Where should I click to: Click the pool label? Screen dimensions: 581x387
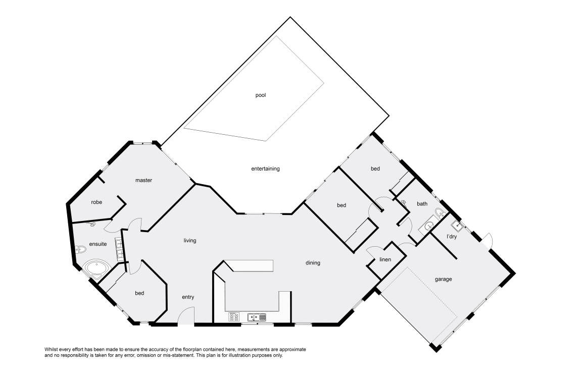[261, 95]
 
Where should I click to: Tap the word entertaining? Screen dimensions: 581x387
[265, 169]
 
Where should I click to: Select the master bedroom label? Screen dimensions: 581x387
[144, 180]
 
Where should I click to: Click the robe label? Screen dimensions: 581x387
[96, 202]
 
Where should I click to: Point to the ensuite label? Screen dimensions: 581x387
[98, 244]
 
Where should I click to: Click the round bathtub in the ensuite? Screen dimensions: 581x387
[96, 269]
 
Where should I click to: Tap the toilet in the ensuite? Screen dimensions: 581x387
[80, 250]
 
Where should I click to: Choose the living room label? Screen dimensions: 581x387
[190, 241]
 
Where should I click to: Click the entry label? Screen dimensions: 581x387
[188, 297]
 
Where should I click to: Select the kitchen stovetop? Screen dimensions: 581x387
[234, 317]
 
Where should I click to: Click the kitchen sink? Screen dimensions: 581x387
[257, 317]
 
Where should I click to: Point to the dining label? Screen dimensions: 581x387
[313, 263]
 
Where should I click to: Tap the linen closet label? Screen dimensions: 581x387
[385, 259]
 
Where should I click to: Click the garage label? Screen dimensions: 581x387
[443, 280]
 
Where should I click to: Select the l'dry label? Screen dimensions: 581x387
[452, 237]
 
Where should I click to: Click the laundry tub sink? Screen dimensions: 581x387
[457, 226]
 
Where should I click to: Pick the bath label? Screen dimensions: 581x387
[422, 204]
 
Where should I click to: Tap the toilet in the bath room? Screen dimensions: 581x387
[440, 213]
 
